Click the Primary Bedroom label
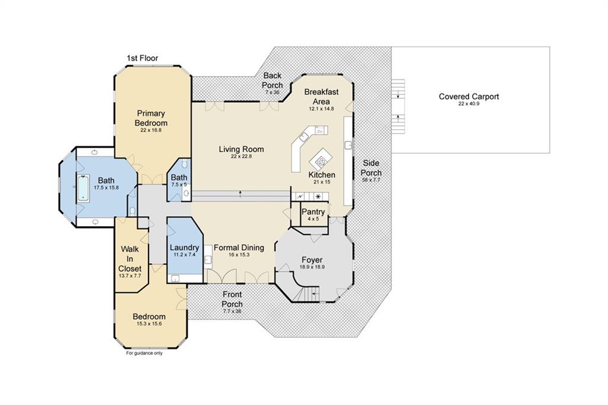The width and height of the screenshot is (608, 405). [151, 118]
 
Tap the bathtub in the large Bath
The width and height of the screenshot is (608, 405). [83, 188]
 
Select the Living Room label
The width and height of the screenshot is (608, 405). [241, 149]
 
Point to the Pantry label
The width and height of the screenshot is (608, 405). [313, 212]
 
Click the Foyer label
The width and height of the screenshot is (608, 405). [312, 260]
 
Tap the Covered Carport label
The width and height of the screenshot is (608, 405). [469, 97]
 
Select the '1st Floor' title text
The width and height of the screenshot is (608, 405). [142, 58]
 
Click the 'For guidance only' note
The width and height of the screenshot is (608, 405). [144, 353]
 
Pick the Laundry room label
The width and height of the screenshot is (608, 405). [184, 248]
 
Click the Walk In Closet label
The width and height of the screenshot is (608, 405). [129, 259]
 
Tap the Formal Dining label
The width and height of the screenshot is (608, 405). [239, 248]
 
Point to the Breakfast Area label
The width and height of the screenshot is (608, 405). [321, 97]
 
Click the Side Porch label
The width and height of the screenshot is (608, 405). [371, 168]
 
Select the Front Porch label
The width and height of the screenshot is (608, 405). [232, 299]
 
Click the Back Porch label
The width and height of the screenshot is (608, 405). [272, 80]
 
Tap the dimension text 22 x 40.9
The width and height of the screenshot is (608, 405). [469, 104]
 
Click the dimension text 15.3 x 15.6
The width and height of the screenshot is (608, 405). [149, 324]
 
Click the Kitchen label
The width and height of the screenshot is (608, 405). [322, 175]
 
